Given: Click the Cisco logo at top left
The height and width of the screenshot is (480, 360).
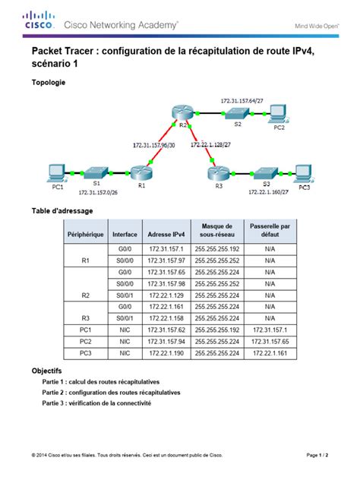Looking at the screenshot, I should (x=39, y=21).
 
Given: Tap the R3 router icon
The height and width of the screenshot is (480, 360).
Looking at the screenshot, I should (x=218, y=173).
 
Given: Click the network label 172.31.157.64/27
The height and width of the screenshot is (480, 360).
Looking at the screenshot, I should (x=242, y=100).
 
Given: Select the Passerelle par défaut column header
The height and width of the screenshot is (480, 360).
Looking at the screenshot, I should (x=269, y=231).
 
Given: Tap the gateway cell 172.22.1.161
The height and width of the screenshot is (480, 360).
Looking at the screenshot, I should (x=269, y=352).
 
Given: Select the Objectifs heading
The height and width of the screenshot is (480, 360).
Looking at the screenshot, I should (x=46, y=371).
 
